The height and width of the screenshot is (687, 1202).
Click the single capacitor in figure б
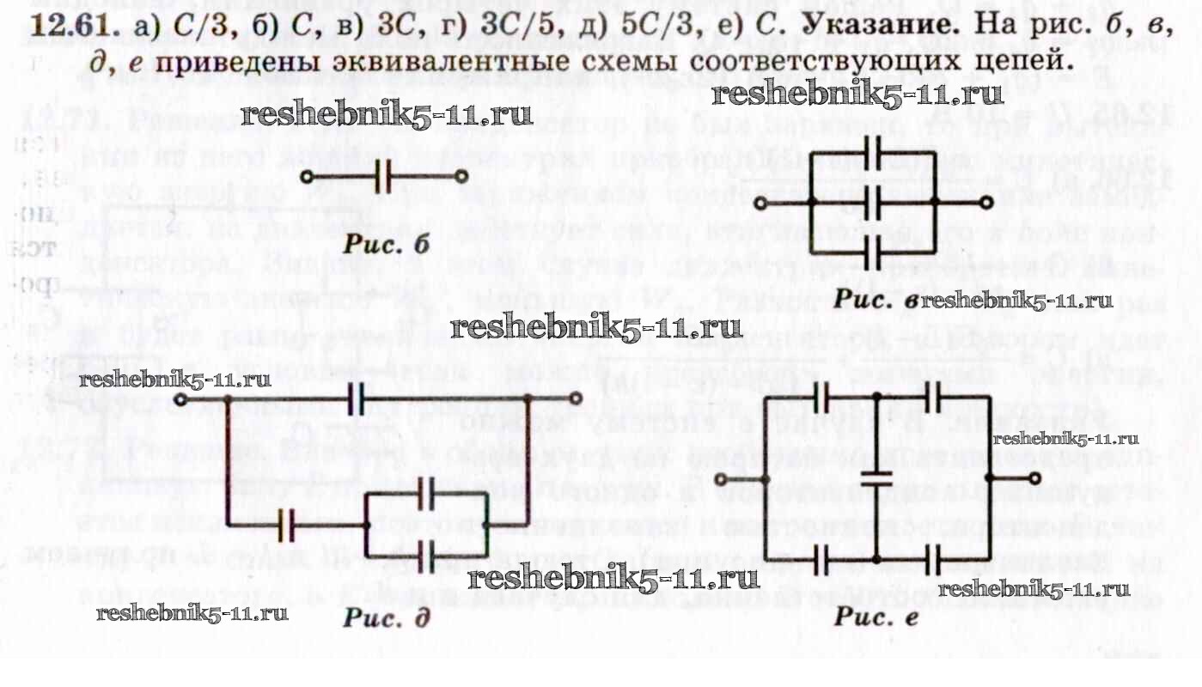pyautogui.click(x=383, y=178)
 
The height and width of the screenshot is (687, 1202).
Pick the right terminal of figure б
pyautogui.click(x=462, y=178)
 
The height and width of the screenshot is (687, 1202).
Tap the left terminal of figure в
pyautogui.click(x=759, y=203)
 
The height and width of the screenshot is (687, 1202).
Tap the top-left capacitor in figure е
pyautogui.click(x=821, y=397)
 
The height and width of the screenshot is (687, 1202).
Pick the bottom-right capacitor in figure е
pyautogui.click(x=934, y=561)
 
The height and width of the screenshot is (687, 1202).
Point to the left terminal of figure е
pyautogui.click(x=721, y=478)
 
